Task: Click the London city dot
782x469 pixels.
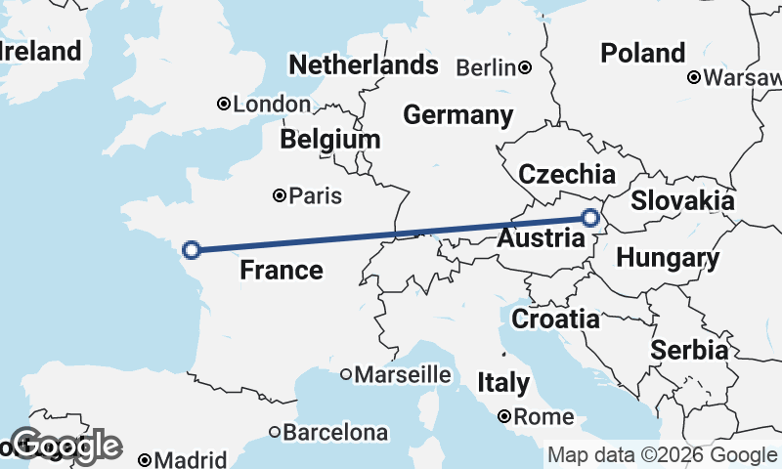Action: pyautogui.click(x=224, y=104)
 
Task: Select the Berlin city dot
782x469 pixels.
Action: pyautogui.click(x=525, y=67)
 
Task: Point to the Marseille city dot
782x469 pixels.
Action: pyautogui.click(x=346, y=374)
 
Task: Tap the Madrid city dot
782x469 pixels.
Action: pyautogui.click(x=145, y=459)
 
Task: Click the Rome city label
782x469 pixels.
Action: pyautogui.click(x=543, y=417)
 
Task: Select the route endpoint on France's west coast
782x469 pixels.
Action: pyautogui.click(x=193, y=250)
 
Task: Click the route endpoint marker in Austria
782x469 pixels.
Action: pyautogui.click(x=590, y=218)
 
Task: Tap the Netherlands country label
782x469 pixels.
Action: pyautogui.click(x=363, y=65)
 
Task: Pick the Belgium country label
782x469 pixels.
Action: pyautogui.click(x=329, y=140)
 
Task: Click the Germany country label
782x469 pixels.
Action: pyautogui.click(x=457, y=115)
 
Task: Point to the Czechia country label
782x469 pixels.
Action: pyautogui.click(x=567, y=175)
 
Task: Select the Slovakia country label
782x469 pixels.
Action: pyautogui.click(x=681, y=201)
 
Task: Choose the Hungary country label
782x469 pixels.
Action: pyautogui.click(x=668, y=259)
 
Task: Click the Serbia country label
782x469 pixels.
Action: pyautogui.click(x=689, y=350)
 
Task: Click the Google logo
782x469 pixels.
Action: pyautogui.click(x=65, y=446)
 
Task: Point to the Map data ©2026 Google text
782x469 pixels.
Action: pyautogui.click(x=662, y=455)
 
